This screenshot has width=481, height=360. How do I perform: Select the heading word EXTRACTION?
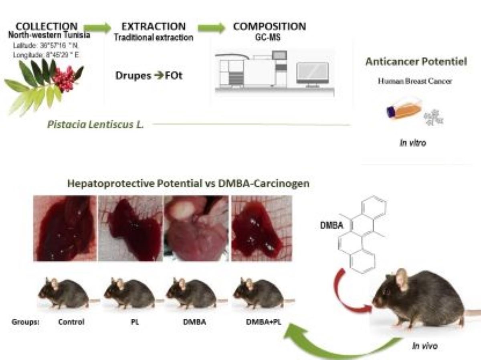(154, 27)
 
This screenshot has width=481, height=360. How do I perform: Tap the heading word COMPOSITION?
(269, 26)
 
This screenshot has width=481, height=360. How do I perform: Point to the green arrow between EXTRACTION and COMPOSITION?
(211, 28)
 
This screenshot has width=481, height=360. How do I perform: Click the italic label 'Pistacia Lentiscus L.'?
(95, 124)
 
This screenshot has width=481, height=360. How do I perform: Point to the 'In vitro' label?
(412, 143)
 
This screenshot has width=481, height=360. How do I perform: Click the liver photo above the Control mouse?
(65, 228)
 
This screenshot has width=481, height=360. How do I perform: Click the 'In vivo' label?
(424, 346)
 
